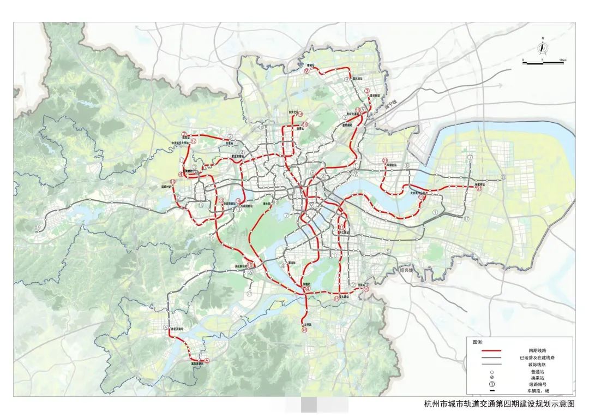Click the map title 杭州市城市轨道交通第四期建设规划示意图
point(500,404)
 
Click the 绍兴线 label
point(407,270)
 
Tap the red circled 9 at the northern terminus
point(307,71)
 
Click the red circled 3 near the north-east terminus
point(367,91)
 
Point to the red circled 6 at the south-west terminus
point(207,361)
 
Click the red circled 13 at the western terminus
point(172,182)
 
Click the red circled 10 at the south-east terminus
point(366,289)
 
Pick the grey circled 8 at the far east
point(504,177)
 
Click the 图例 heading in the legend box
point(478,342)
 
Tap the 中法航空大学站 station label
point(179,144)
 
